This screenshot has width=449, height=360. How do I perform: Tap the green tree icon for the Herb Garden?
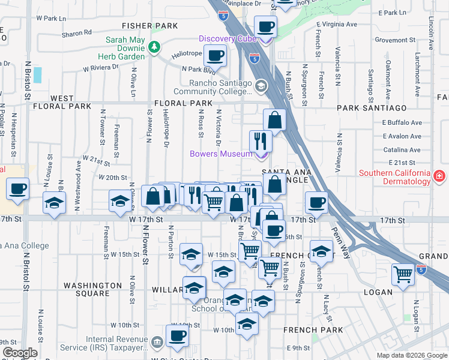point(154,46)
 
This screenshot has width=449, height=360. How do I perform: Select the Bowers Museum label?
point(221,154)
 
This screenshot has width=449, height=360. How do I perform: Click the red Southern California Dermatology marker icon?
point(439,175)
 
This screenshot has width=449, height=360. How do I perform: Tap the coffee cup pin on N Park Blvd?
point(215,56)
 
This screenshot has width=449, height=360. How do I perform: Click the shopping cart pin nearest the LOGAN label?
point(402,274)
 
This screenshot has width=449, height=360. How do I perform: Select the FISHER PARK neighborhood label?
point(150,26)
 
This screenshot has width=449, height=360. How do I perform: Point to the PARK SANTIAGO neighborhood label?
point(372,108)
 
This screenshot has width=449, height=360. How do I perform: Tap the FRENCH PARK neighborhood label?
point(315,329)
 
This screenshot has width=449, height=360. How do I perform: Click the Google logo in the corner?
point(19,353)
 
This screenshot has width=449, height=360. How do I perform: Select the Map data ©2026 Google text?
point(412,355)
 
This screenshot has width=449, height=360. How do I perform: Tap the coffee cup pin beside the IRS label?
point(177,337)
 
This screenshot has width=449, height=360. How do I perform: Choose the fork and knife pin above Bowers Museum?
point(261,141)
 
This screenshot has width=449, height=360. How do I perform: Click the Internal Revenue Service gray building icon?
point(157,341)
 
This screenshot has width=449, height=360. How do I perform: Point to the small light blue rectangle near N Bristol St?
point(38,75)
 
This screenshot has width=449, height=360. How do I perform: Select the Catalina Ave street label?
point(402,149)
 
